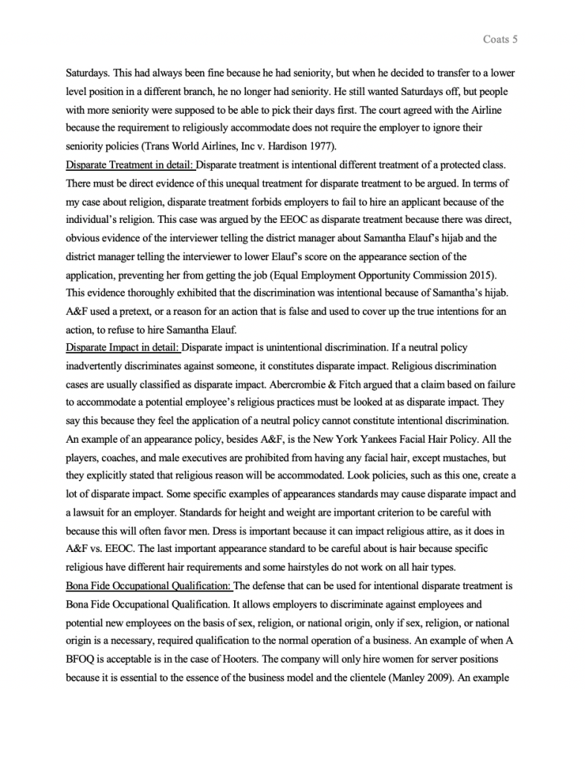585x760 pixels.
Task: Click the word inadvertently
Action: pos(94,366)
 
